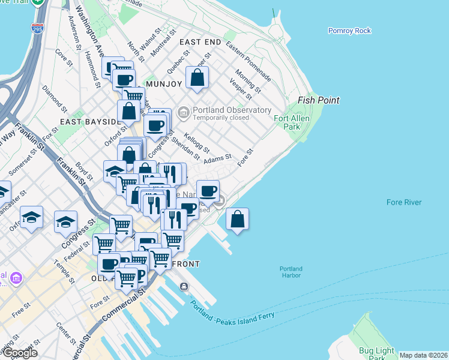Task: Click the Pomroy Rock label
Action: pos(349,31)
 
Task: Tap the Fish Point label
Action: pos(319,100)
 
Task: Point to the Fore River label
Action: pos(404,203)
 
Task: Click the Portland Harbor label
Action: pos(291,272)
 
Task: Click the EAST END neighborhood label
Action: pos(200,41)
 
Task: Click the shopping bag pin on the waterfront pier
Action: pos(238,219)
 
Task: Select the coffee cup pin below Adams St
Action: pos(208,191)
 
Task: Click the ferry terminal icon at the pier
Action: pos(184,287)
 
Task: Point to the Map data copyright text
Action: pos(423,355)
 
